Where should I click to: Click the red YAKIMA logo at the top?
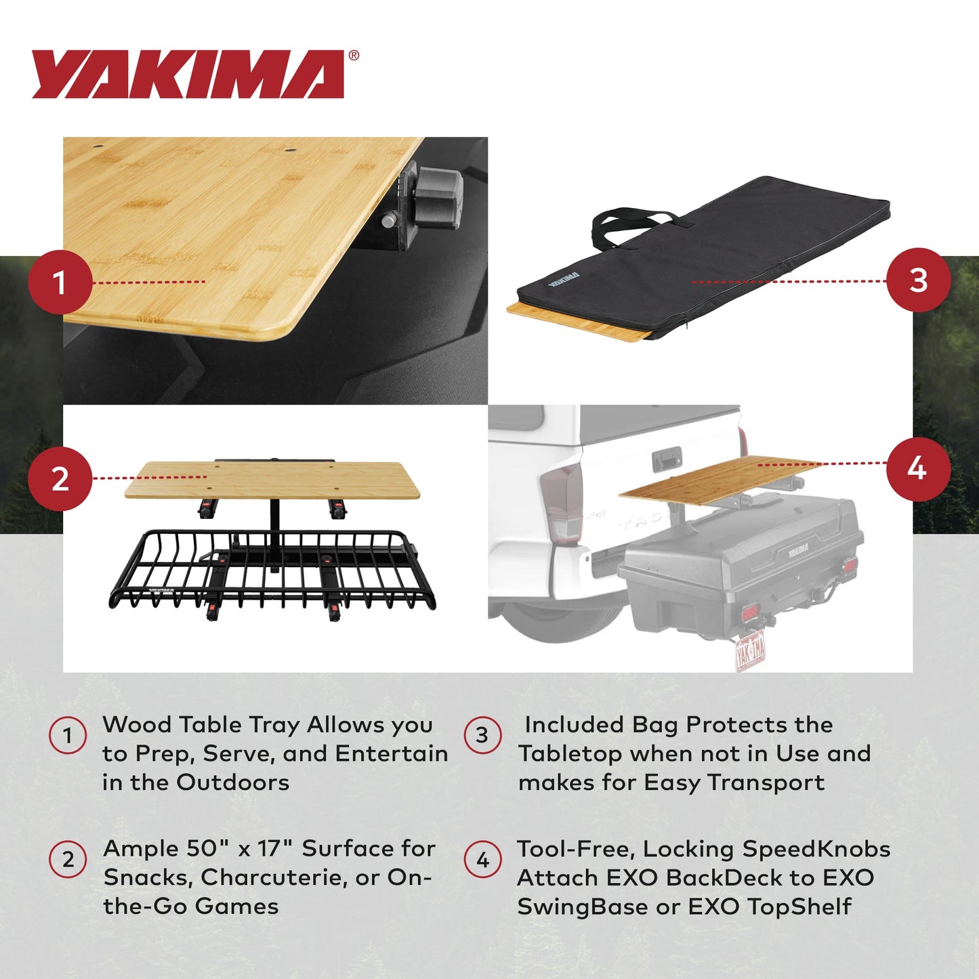click(188, 75)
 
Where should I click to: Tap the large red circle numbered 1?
click(60, 282)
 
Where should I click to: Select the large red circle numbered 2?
click(60, 479)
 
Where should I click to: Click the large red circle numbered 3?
click(918, 280)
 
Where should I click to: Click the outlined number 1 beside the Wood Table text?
click(68, 736)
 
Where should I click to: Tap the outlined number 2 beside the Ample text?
click(68, 860)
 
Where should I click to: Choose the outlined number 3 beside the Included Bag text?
click(482, 736)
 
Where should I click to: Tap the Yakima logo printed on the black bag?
click(564, 278)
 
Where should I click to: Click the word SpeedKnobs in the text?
click(816, 849)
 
